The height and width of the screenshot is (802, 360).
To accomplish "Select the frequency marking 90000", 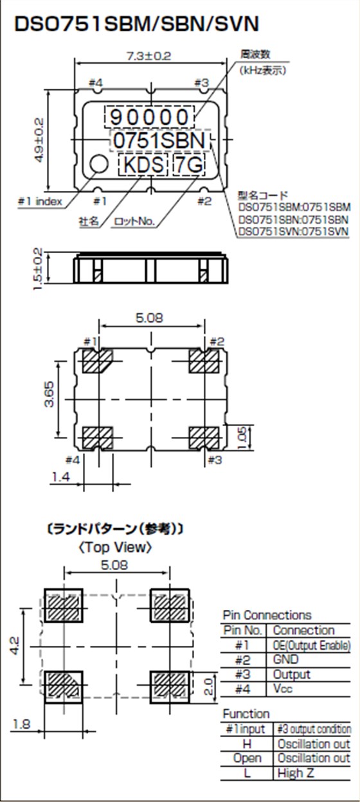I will pos(150,117).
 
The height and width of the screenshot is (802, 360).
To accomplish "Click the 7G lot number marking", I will pos(188,165).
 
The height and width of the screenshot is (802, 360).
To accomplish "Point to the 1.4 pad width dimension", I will pos(60,476).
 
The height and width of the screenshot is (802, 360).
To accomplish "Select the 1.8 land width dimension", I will pos(21,724).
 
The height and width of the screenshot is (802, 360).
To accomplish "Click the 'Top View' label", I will pos(116,548).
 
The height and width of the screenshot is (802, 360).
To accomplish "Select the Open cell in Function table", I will pos(248,758).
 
